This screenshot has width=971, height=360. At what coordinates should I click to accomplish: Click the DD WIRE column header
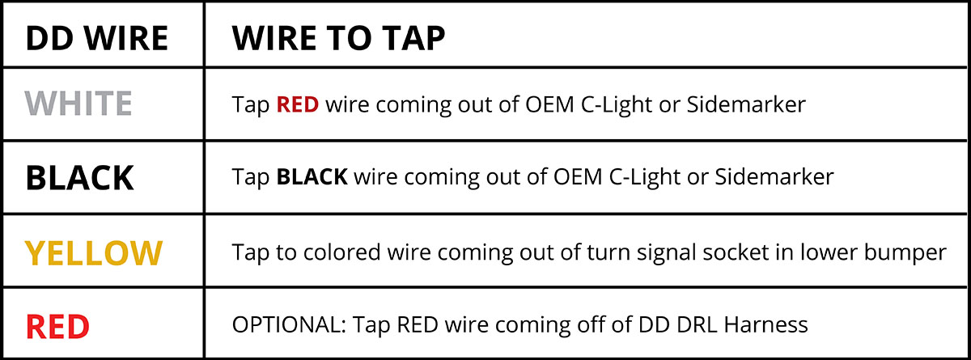point(96,38)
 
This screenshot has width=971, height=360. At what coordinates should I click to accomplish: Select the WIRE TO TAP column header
point(338,38)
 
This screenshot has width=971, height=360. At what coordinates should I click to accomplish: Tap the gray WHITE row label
point(78,104)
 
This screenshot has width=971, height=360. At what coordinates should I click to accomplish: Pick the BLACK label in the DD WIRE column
point(80,178)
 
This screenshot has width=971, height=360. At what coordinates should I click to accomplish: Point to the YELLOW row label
point(94,252)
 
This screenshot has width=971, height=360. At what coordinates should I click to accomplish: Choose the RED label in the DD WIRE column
point(57,326)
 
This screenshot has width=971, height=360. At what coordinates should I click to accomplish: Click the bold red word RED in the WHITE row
point(298,104)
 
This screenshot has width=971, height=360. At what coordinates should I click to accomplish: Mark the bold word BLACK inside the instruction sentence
point(312,176)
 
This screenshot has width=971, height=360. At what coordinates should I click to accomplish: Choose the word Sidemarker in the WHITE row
point(746,104)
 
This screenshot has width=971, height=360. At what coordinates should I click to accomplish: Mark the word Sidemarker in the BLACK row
point(774,176)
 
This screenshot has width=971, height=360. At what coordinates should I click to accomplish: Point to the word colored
point(342,252)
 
